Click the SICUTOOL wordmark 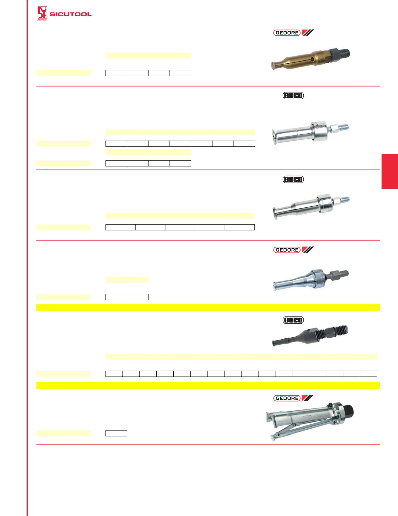pos(71,14)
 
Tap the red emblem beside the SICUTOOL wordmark pos(42,14)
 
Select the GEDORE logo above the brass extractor pos(287,33)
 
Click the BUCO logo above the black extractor pos(293,320)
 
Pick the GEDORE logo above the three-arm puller pos(287,398)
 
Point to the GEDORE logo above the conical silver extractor pos(287,250)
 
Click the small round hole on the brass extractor pos(313,59)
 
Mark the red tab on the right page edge pos(390,171)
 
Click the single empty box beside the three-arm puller pos(116,433)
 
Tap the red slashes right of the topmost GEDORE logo pos(308,33)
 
